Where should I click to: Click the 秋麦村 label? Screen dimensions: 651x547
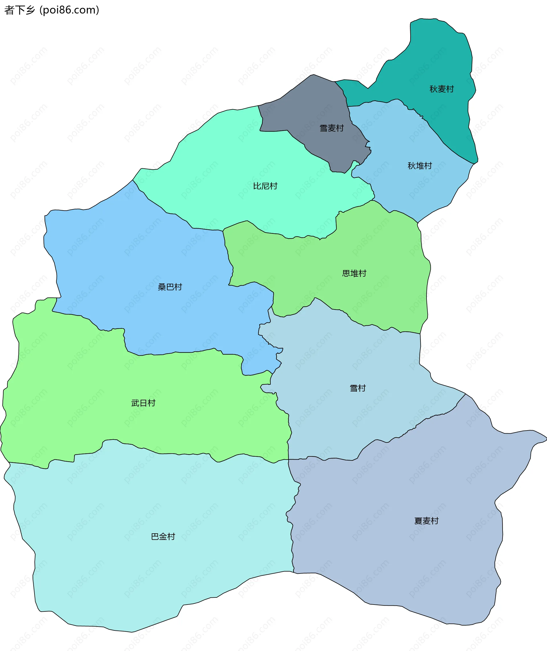[441, 89]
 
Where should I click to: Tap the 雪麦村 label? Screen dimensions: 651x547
[332, 128]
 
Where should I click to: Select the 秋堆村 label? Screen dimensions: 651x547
[420, 166]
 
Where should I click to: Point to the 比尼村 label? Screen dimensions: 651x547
[265, 186]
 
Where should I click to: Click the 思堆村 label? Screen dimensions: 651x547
[354, 273]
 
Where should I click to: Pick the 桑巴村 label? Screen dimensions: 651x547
[170, 287]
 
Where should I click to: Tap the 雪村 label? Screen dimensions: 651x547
[358, 388]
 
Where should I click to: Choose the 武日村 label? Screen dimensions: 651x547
[143, 403]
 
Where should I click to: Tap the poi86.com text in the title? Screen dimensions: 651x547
[70, 10]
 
